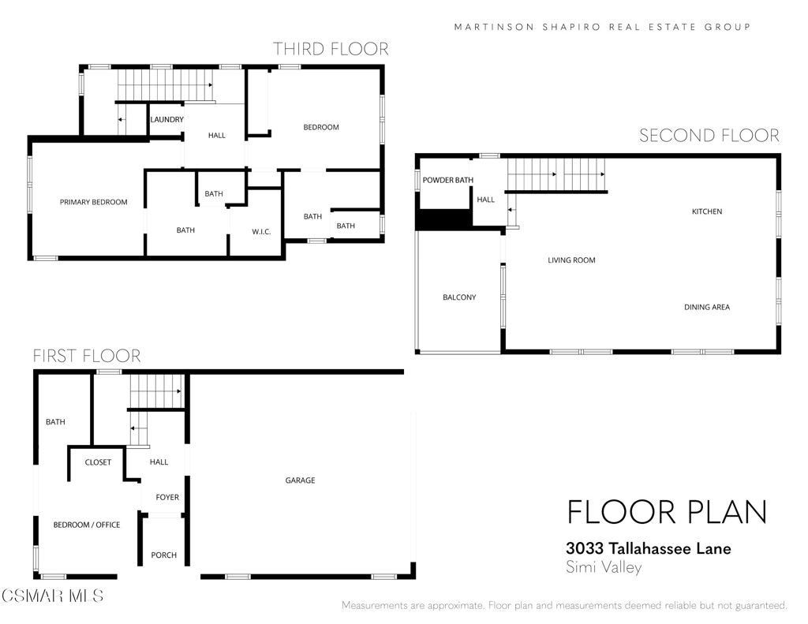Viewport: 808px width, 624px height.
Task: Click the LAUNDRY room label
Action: pyautogui.click(x=167, y=120)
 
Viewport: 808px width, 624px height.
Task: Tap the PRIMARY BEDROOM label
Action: pyautogui.click(x=94, y=202)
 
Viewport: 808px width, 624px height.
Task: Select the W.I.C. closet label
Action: pyautogui.click(x=261, y=232)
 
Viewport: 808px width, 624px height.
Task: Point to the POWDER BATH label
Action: pyautogui.click(x=448, y=181)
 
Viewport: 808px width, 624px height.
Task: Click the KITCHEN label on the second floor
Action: pyautogui.click(x=707, y=211)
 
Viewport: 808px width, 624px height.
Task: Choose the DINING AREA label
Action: pyautogui.click(x=707, y=307)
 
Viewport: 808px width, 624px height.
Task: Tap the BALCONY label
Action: pyautogui.click(x=460, y=297)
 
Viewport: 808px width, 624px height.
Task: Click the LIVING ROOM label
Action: pyautogui.click(x=571, y=260)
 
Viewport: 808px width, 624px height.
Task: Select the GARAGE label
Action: pyautogui.click(x=301, y=480)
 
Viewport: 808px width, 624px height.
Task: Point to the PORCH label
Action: pyautogui.click(x=164, y=555)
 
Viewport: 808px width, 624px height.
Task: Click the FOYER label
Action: pyautogui.click(x=167, y=497)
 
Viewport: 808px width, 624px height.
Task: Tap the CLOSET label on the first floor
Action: pyautogui.click(x=98, y=462)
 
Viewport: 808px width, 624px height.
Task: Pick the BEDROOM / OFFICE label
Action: pyautogui.click(x=87, y=525)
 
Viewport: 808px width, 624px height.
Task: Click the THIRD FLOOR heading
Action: pyautogui.click(x=331, y=49)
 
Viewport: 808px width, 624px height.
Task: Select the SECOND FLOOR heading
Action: pyautogui.click(x=709, y=136)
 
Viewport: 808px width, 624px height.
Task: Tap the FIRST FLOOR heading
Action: pyautogui.click(x=87, y=356)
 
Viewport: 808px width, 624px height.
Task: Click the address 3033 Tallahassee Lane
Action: pyautogui.click(x=649, y=548)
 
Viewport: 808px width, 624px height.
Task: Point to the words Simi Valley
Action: pyautogui.click(x=604, y=567)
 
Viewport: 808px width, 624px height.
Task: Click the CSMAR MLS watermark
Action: pyautogui.click(x=52, y=596)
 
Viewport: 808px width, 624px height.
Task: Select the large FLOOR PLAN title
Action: pyautogui.click(x=668, y=512)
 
